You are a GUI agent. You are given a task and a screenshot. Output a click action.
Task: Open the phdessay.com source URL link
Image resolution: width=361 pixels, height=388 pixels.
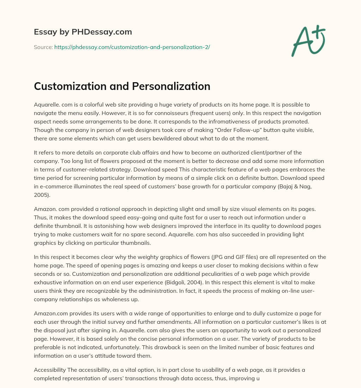pos(132,47)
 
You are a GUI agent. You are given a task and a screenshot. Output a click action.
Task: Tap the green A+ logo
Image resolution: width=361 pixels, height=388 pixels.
pos(308,41)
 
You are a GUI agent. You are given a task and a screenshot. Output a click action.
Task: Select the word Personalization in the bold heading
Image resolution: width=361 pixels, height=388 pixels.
pos(171,86)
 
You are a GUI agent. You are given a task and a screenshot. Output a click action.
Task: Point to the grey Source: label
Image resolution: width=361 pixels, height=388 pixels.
pos(43,47)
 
